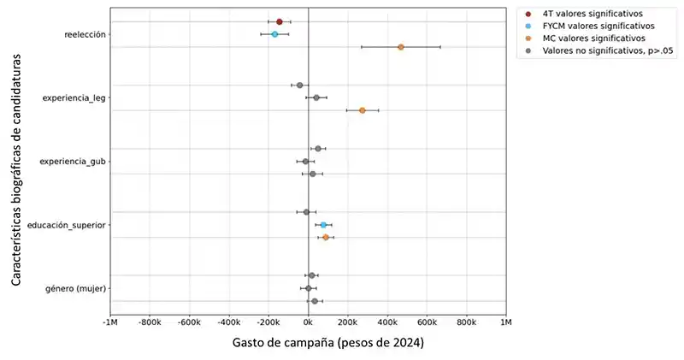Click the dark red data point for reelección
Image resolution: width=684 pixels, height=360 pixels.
coord(280,21)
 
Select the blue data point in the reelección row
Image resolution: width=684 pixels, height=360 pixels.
coord(274,34)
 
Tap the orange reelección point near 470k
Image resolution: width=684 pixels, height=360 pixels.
coord(401,47)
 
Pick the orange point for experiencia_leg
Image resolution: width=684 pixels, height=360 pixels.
coord(363,110)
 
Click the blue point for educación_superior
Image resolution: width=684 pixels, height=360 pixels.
coord(323,225)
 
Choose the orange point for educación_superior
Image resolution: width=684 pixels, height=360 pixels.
coord(326,237)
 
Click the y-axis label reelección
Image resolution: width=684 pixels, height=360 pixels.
coord(85,34)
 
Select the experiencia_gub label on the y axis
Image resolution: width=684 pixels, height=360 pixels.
coord(74,162)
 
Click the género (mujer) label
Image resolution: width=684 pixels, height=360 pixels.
coord(75,288)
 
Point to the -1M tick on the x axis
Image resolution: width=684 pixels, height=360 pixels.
coord(110,322)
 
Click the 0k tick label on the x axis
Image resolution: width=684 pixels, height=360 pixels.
coord(308,322)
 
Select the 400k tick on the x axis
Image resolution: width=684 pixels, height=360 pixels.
coord(387,322)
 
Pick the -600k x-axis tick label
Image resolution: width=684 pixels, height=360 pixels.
coord(189,322)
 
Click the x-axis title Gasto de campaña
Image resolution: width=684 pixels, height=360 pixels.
coord(327,344)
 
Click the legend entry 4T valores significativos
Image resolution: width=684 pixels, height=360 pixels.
coord(587,14)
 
